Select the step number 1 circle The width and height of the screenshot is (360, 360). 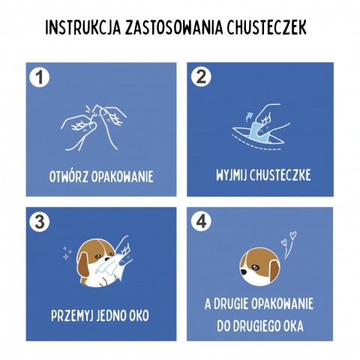pos(39,77)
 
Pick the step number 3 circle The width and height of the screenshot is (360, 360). pos(39,222)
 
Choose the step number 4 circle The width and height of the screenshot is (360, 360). pos(200,222)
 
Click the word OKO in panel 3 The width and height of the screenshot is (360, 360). pos(139,316)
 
